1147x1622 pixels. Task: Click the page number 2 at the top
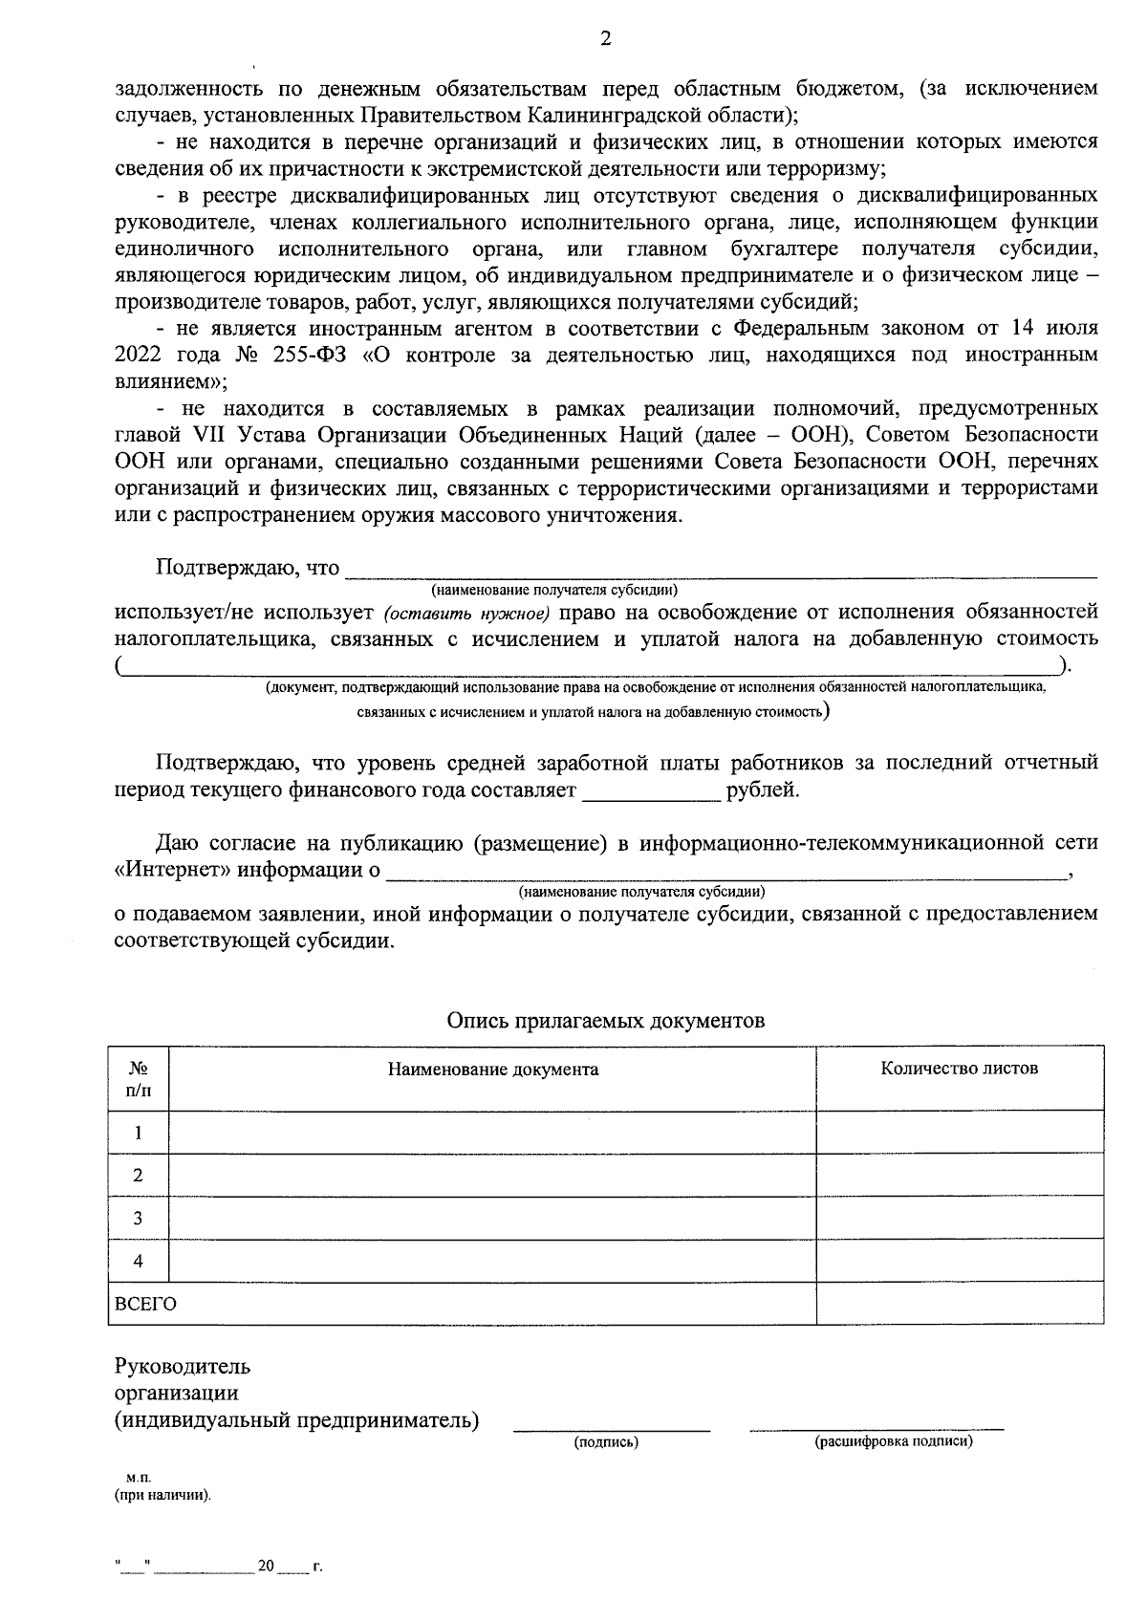coord(604,39)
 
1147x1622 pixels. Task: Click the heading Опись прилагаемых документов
coord(605,1021)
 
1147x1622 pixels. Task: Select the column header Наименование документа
coord(492,1070)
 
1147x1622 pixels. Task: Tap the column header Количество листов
coord(959,1069)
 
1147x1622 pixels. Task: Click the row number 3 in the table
coord(138,1219)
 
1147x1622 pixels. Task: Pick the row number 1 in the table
coord(138,1134)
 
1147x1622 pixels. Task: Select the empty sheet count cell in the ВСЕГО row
coord(959,1304)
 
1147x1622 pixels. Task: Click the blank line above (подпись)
coord(612,1427)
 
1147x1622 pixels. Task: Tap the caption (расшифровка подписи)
coord(893,1441)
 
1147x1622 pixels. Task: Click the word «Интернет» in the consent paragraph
coord(171,871)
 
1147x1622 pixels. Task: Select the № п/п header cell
coord(138,1079)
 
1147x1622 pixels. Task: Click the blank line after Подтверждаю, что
coord(720,572)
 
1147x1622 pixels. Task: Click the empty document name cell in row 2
coord(492,1176)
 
